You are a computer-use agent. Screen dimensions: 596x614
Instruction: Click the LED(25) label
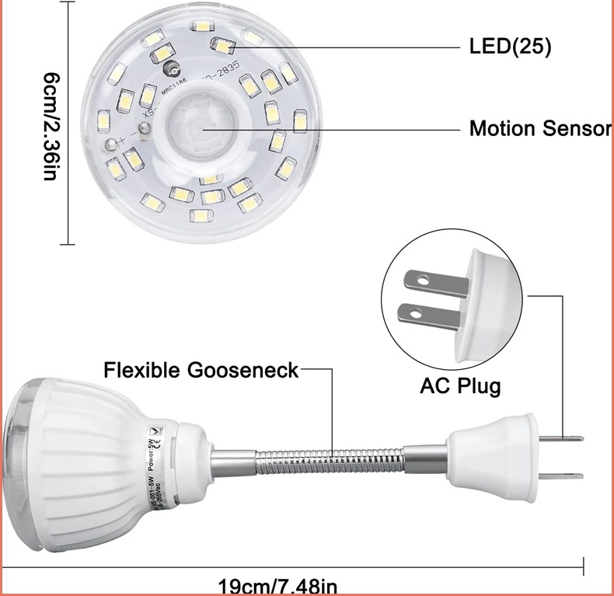click(510, 47)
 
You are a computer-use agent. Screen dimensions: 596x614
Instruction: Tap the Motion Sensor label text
click(539, 128)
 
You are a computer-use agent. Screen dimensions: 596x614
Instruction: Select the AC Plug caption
click(460, 385)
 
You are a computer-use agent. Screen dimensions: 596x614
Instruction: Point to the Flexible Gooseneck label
click(201, 370)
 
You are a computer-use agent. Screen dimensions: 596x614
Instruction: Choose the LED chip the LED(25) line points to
click(224, 47)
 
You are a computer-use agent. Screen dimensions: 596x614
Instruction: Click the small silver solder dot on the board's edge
click(113, 143)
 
